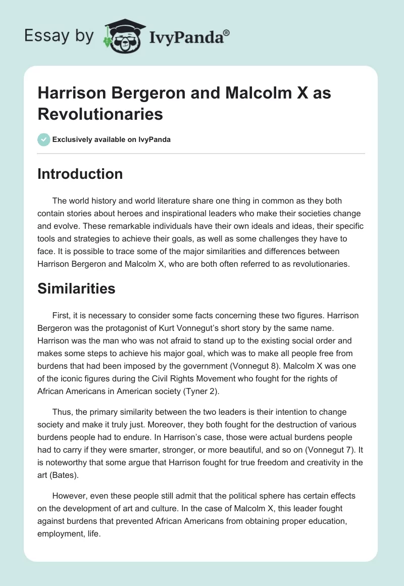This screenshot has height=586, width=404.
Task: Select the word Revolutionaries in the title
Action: pyautogui.click(x=100, y=114)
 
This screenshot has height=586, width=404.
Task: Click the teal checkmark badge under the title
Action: pyautogui.click(x=43, y=139)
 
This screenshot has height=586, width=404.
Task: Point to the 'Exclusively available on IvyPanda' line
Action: pyautogui.click(x=111, y=139)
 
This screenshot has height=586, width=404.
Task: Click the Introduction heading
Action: pyautogui.click(x=80, y=174)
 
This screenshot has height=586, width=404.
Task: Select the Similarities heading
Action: pyautogui.click(x=76, y=288)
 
